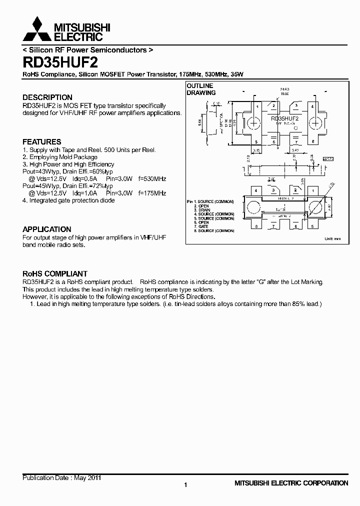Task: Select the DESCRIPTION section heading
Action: (47, 97)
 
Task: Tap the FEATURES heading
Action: (42, 142)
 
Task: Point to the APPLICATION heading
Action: (47, 229)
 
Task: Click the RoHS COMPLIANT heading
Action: (55, 274)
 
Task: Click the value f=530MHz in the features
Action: (152, 178)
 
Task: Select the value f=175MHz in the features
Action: (152, 193)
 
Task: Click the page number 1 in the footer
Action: (185, 485)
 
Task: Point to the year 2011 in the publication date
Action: (94, 478)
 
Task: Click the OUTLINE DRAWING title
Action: (200, 89)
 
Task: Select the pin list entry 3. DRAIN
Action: (204, 210)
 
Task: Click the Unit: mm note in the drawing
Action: (332, 238)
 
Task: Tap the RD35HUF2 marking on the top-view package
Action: (284, 119)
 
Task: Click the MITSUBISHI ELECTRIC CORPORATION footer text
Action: (291, 483)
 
